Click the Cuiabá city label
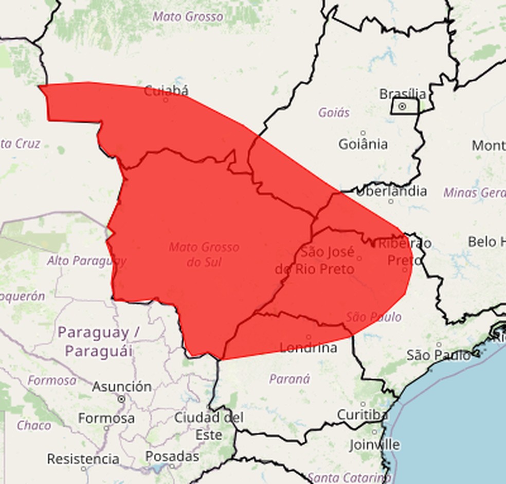tap(166, 91)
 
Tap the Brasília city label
tap(403, 94)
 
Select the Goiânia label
tap(363, 144)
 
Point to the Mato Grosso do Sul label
tap(204, 254)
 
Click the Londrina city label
tap(309, 348)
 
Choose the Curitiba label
tap(363, 414)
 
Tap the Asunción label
tap(122, 387)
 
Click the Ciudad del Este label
tap(208, 426)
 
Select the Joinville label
tap(374, 444)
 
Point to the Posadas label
tap(172, 456)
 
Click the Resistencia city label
tap(83, 458)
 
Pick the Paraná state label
tap(290, 379)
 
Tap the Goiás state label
tap(334, 112)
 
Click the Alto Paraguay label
tap(86, 261)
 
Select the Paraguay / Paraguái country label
tap(99, 341)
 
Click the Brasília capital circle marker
tap(402, 107)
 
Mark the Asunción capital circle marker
tap(121, 399)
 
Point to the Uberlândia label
tap(391, 191)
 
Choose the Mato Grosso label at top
tap(188, 16)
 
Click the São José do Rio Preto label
tap(315, 261)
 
